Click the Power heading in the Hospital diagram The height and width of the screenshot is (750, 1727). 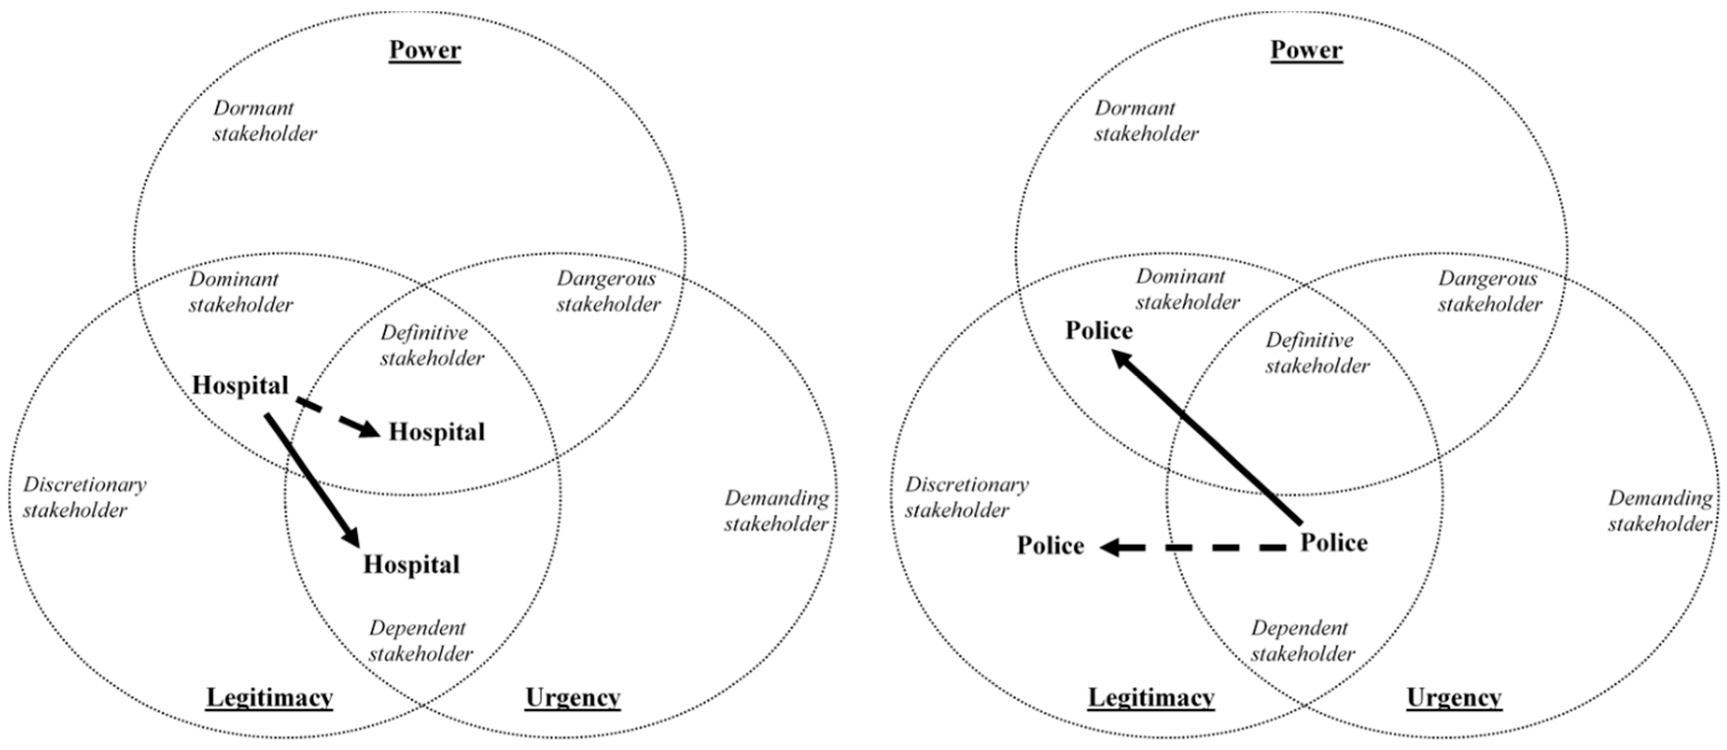(x=425, y=50)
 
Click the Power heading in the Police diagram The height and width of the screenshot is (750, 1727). (x=1306, y=50)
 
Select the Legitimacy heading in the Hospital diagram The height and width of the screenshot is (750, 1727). (x=269, y=697)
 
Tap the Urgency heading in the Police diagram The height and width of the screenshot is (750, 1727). (x=1454, y=697)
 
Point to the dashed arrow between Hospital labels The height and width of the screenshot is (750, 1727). (x=339, y=419)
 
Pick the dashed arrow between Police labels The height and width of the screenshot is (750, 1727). (x=1194, y=548)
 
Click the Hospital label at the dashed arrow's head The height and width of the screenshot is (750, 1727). (x=436, y=432)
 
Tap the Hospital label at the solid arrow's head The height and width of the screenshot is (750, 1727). (x=412, y=565)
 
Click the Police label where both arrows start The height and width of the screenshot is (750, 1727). (x=1334, y=543)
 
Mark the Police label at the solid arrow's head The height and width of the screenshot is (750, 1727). (x=1099, y=331)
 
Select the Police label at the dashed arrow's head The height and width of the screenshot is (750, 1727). (x=1051, y=546)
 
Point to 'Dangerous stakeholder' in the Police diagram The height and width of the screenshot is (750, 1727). (x=1489, y=292)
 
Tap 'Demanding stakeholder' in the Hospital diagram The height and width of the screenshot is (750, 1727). (x=776, y=511)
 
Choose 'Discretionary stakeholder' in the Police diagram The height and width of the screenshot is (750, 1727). (x=966, y=497)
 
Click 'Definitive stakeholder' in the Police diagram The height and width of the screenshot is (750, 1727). (x=1317, y=353)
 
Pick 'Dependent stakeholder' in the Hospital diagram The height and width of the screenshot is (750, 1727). (x=421, y=641)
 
